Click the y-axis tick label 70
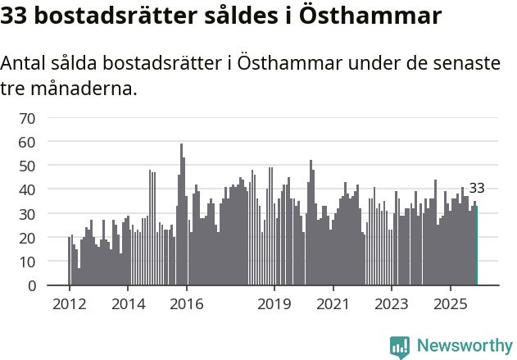coord(27,118)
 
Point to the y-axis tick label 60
coord(27,142)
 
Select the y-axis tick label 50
coord(27,166)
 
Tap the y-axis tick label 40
coord(27,190)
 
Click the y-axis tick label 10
coord(27,262)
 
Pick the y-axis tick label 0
coord(31,286)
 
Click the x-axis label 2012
coord(69,305)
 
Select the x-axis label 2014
coord(128,305)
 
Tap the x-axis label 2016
coord(187,305)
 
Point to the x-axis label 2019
coord(274,305)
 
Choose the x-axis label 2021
coord(333,305)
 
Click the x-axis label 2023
coord(391,305)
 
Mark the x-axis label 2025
coord(450,305)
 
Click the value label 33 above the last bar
coord(477,189)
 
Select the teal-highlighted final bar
coord(476,246)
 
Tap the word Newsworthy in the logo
coord(464,346)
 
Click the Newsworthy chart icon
coord(400,347)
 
